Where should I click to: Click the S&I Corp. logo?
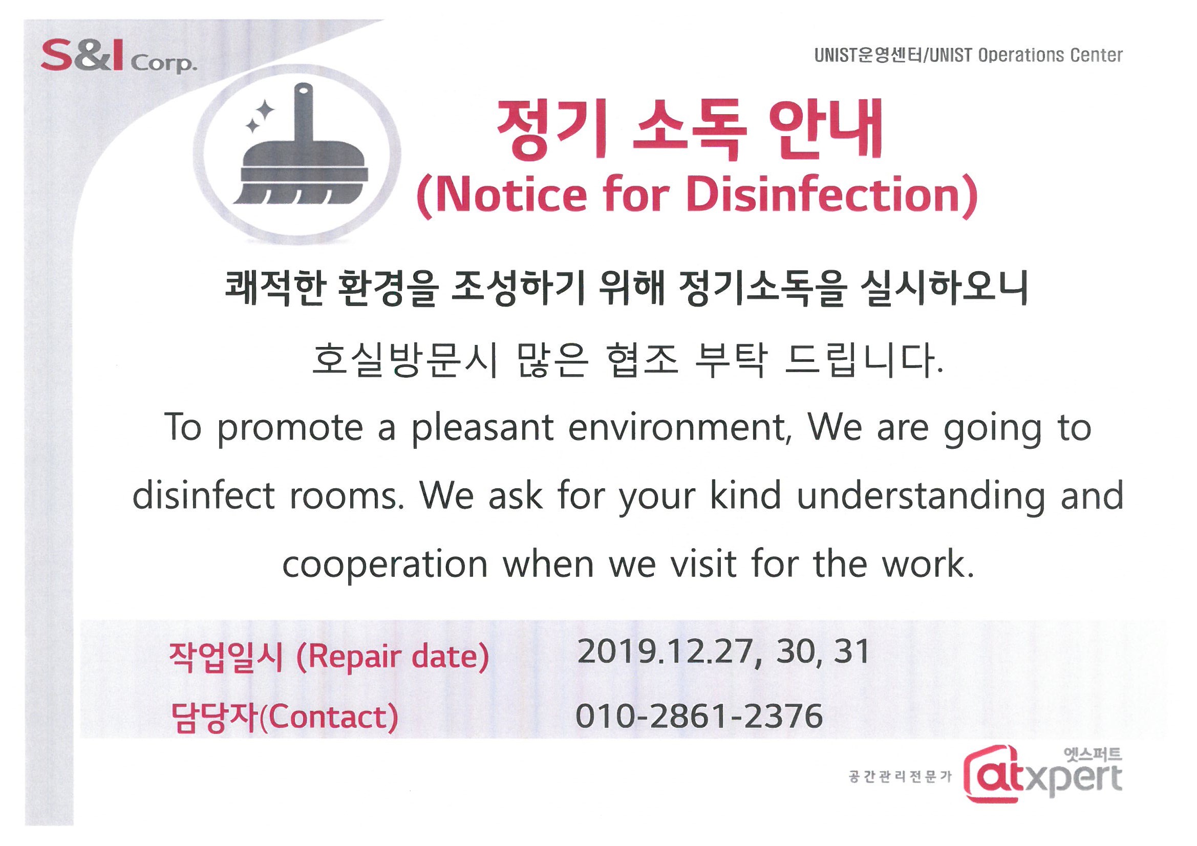tap(119, 58)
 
